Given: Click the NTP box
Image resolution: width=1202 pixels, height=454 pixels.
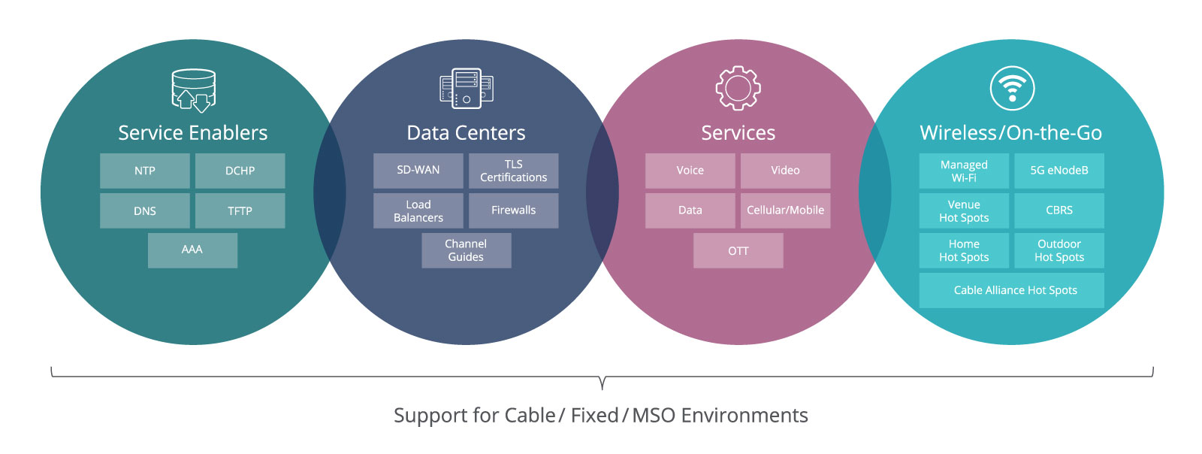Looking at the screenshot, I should (145, 171).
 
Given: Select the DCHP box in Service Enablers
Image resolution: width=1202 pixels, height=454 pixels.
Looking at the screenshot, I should (240, 171).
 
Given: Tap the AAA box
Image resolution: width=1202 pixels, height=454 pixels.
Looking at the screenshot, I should (192, 250).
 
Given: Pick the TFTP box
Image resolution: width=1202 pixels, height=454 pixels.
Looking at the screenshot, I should (240, 210).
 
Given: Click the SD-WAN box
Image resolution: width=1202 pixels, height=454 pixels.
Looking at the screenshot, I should (418, 171).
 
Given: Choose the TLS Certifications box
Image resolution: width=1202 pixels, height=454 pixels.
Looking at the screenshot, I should (514, 171).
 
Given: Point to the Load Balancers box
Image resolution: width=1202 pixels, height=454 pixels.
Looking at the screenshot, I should (418, 210).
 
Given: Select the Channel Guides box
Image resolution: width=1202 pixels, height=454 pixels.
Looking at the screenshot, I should (466, 250).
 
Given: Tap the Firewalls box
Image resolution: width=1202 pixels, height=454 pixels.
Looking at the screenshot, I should (514, 210).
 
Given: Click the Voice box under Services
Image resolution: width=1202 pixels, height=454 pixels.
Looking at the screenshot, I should (690, 171).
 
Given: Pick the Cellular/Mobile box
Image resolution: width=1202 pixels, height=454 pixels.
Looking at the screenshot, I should (785, 210).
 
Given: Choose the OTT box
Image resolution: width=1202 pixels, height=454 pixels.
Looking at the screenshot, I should (738, 250).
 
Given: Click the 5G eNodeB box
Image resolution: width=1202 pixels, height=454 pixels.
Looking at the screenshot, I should (1059, 171).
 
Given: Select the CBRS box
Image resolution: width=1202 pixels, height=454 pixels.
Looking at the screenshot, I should (1059, 210).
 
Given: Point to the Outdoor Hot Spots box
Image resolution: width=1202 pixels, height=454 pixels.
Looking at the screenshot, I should (1059, 250).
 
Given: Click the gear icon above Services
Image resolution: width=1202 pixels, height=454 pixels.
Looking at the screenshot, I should (738, 88).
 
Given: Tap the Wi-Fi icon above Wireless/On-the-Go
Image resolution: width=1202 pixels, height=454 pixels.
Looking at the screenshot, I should (1012, 88).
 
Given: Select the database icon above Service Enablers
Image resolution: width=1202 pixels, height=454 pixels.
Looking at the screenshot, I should (193, 90).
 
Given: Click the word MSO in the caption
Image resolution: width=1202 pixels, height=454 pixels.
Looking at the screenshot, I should (654, 416).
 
